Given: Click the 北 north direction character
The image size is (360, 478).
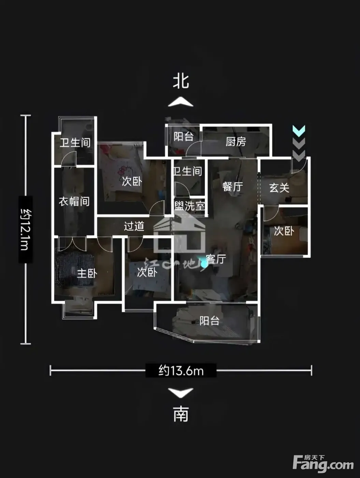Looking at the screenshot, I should (x=181, y=81).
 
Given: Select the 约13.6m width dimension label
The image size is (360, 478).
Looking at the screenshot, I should (x=181, y=370).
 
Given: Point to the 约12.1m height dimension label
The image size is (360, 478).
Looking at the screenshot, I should (x=26, y=229).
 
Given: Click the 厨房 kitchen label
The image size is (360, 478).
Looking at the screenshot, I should (x=236, y=141).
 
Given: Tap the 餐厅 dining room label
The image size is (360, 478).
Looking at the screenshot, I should (x=233, y=186).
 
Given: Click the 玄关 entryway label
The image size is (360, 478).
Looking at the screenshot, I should (x=279, y=187).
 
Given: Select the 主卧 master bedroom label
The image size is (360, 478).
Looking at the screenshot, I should (x=87, y=273).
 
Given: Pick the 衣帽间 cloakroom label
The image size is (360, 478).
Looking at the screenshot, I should (x=74, y=201).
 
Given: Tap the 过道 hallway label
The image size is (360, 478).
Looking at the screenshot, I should (x=134, y=226).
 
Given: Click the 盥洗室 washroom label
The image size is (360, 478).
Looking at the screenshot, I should (x=190, y=206).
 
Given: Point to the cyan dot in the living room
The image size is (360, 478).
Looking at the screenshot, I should (x=204, y=264).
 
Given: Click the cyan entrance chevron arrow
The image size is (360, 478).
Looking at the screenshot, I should (x=299, y=131).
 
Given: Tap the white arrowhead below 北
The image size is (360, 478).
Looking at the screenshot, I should (x=181, y=102).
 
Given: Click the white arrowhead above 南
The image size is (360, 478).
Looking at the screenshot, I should (x=181, y=393).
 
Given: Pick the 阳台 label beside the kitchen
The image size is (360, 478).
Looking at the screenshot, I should (x=184, y=137).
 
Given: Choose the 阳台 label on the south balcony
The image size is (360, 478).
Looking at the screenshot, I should (x=209, y=321).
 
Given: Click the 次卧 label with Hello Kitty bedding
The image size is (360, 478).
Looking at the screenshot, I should (x=132, y=181).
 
